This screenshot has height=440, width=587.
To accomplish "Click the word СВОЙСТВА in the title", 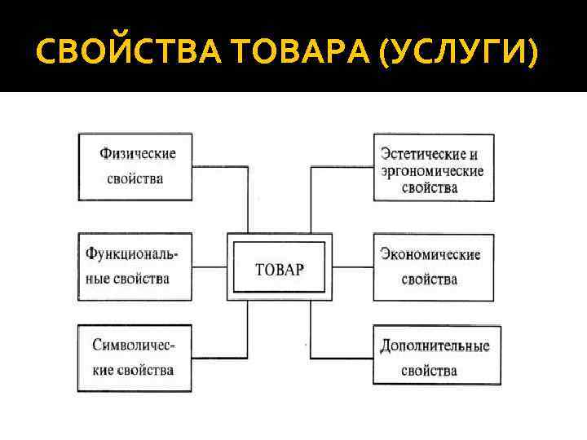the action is click(127, 54).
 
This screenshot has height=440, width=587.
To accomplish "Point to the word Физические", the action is click(138, 153).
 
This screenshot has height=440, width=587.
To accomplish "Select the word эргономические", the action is click(432, 171).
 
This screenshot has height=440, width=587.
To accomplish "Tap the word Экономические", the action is click(430, 254).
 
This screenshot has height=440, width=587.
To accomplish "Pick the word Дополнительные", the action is click(435, 345).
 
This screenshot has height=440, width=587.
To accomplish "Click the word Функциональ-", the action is click(132, 253).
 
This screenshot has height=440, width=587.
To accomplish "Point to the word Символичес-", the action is click(134, 345).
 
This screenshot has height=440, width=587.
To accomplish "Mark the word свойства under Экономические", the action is click(429, 279).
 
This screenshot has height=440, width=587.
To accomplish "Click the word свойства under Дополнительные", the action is click(429, 371).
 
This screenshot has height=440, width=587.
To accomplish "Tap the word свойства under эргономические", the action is click(429, 188).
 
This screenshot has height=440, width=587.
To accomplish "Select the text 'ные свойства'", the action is click(127, 279).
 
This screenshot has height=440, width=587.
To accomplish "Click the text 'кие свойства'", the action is click(133, 370).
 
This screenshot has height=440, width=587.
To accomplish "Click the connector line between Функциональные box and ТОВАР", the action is click(210, 266).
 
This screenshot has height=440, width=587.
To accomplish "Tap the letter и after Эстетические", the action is click(474, 154).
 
